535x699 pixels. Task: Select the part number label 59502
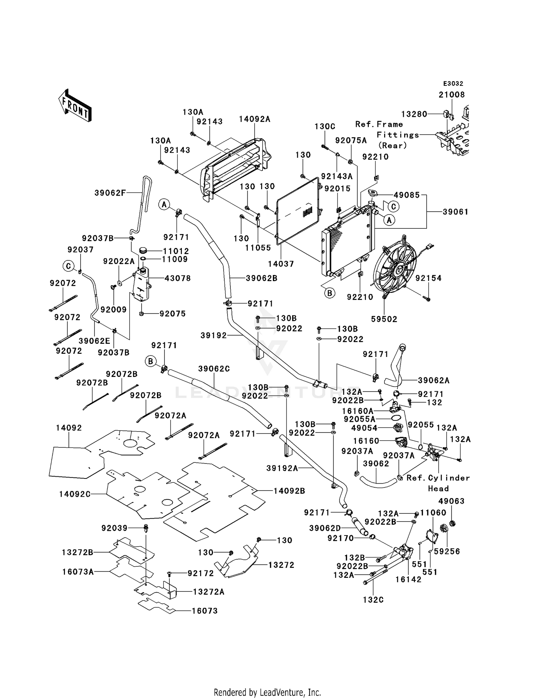384,319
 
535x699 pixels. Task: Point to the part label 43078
178,278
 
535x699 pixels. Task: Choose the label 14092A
255,119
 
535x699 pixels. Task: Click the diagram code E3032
453,84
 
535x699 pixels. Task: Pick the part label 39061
455,212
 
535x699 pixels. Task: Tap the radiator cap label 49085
407,195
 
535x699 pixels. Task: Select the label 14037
281,264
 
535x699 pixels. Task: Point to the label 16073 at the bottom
205,611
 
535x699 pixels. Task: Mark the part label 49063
452,501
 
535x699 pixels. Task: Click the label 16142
409,580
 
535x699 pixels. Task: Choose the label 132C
373,600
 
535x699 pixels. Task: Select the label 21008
452,94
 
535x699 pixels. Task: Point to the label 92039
114,528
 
